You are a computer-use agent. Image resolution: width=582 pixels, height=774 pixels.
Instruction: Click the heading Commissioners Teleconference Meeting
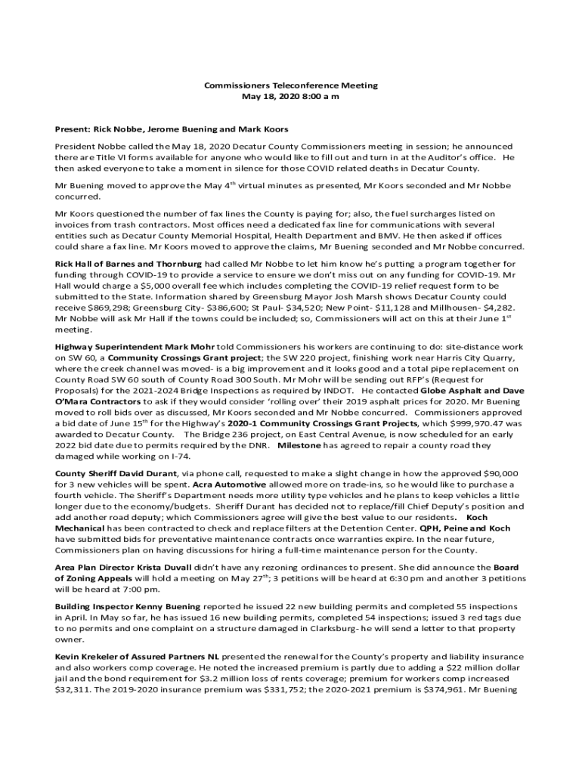pyautogui.click(x=291, y=86)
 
